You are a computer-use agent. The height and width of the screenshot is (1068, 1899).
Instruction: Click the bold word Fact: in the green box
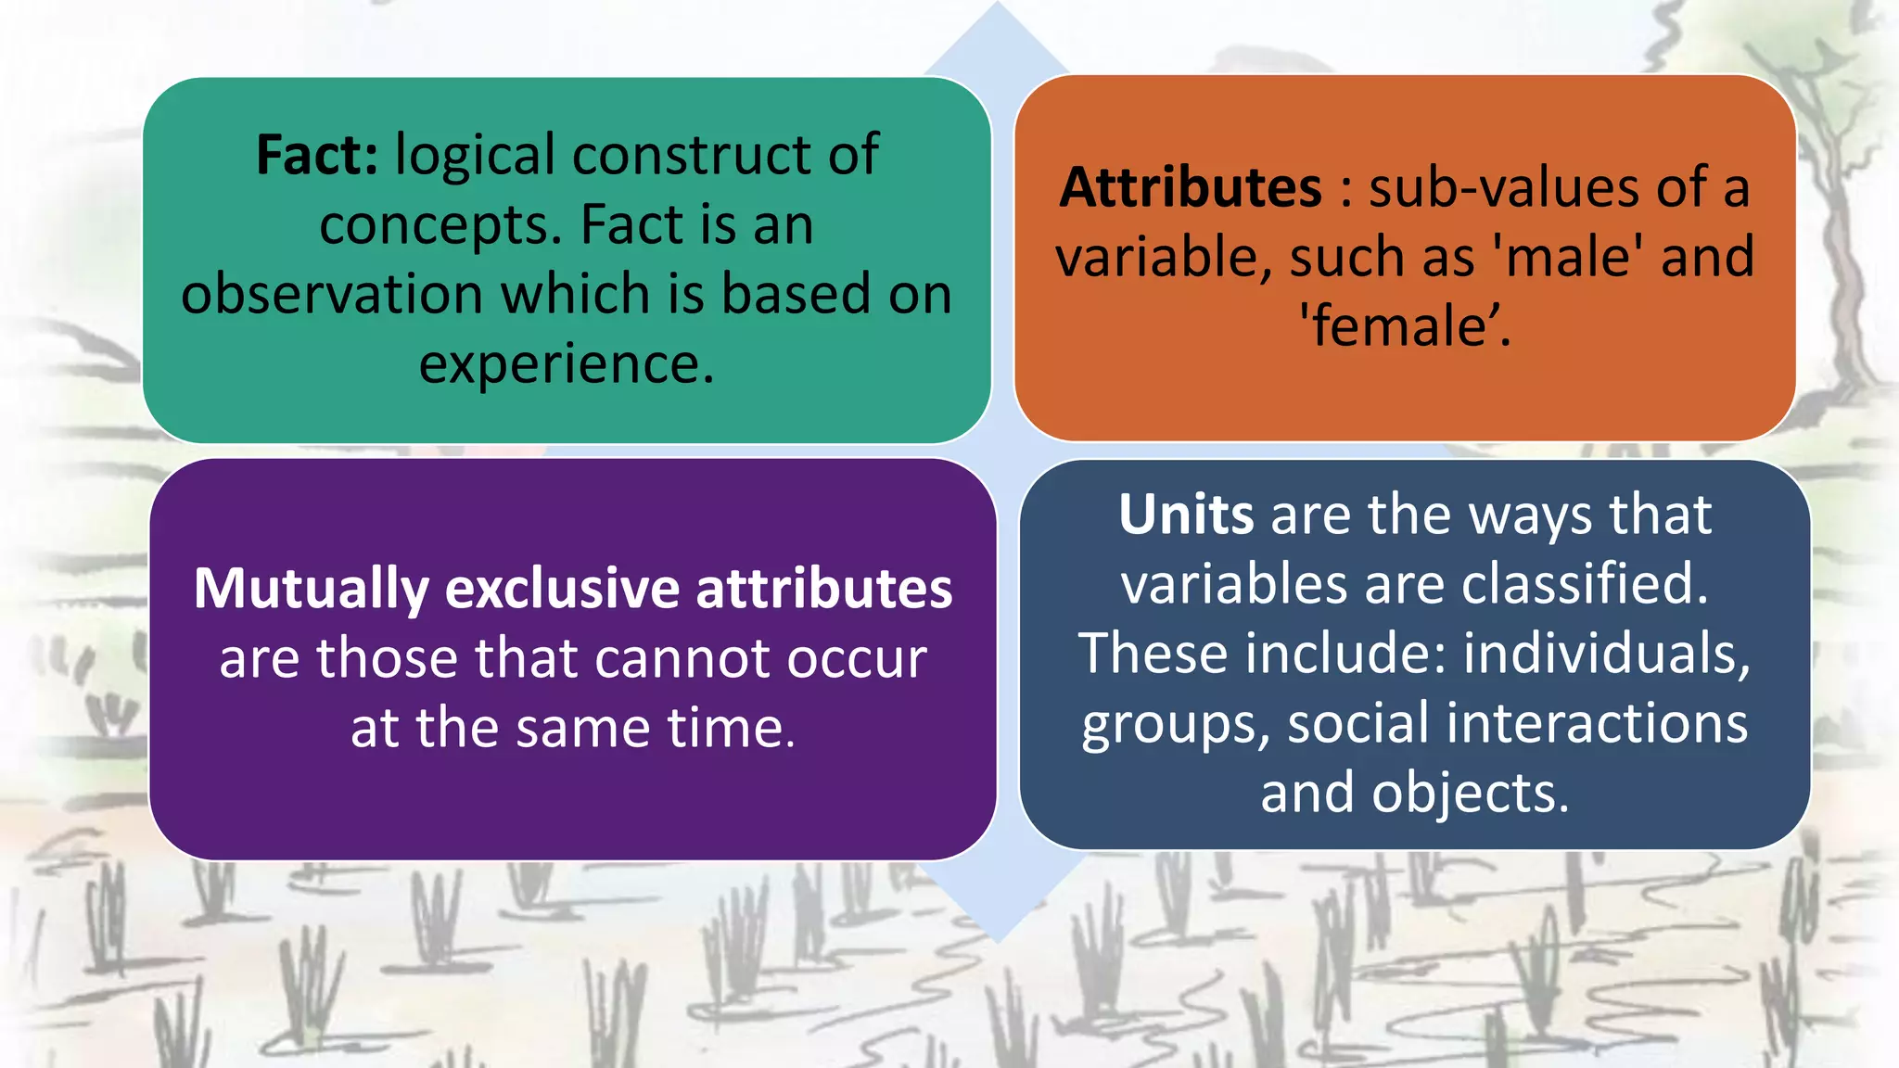(x=316, y=155)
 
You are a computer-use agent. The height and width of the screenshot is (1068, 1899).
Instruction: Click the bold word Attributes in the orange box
(x=1191, y=187)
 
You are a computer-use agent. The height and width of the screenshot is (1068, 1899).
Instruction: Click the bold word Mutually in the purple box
(x=312, y=589)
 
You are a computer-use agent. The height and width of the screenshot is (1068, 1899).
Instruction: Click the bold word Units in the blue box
(x=1186, y=515)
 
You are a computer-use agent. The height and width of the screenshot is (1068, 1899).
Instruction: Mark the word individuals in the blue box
(x=1606, y=654)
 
